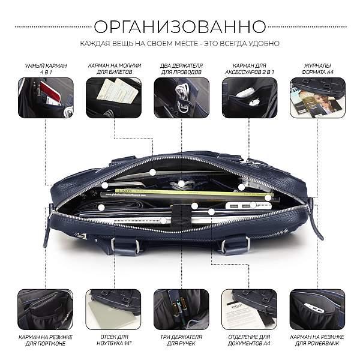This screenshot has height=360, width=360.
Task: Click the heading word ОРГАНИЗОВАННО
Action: pos(180,26)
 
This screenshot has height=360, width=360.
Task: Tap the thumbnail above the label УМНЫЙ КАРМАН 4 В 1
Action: pos(46,98)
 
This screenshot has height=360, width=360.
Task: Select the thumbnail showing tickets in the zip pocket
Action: pos(113,98)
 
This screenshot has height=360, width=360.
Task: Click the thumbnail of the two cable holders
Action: pos(181,98)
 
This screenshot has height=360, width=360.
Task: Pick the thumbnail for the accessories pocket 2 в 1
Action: pos(250,98)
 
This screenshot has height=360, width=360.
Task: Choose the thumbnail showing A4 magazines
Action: pos(317,98)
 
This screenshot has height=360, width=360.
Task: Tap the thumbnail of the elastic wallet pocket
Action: pos(46,309)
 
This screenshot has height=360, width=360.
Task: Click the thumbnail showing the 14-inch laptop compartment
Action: pos(113,309)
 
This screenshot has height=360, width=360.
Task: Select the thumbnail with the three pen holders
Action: pos(181,309)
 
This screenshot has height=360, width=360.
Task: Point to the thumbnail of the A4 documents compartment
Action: pos(249,309)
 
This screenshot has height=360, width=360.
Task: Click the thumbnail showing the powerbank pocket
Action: pos(317,309)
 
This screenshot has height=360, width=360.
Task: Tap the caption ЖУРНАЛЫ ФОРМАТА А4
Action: pos(317,69)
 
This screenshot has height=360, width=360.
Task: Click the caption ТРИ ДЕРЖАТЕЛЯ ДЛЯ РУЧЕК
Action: pos(181,340)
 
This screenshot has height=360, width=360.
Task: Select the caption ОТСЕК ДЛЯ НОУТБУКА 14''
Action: pos(115,340)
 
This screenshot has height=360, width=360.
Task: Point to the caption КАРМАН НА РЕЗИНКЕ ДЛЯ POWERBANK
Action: pos(317,340)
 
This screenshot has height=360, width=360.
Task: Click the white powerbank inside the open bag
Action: pos(248,205)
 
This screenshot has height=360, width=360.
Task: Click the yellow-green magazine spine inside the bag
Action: pos(193,193)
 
